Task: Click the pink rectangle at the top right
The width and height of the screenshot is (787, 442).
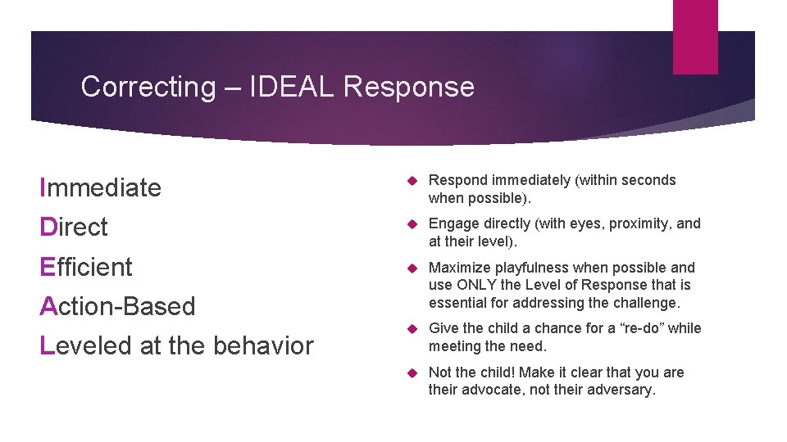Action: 694,37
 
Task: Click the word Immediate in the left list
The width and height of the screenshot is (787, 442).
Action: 101,187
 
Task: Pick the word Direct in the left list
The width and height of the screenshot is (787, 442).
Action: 74,227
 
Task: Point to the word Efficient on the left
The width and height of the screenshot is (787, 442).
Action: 86,267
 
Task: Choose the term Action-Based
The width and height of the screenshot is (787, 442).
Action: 117,306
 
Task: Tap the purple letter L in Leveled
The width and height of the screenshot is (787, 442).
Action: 46,345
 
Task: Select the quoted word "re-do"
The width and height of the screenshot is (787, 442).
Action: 639,328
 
